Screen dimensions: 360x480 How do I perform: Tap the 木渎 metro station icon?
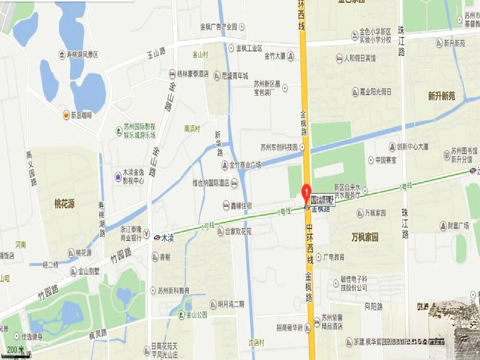click(x=157, y=237)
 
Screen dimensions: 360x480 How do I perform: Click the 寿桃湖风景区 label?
click(x=82, y=55)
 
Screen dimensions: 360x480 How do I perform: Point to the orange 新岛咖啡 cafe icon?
click(x=66, y=114)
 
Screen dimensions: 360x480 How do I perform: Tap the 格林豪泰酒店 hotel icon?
click(x=172, y=74)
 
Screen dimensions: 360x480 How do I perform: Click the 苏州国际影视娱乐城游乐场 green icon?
click(x=118, y=131)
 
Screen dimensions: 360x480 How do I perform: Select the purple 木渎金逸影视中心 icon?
click(x=118, y=176)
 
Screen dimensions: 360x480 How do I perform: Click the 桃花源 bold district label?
click(x=64, y=204)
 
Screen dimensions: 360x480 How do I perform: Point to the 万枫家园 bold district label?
click(x=365, y=237)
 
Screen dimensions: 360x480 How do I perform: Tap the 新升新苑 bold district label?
click(x=442, y=96)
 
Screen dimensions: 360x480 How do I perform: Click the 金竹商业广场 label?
click(x=245, y=165)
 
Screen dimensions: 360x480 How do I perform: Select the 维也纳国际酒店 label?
click(x=210, y=183)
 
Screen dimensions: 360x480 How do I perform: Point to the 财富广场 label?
click(x=457, y=225)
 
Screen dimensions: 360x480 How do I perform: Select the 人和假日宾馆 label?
click(x=360, y=59)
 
